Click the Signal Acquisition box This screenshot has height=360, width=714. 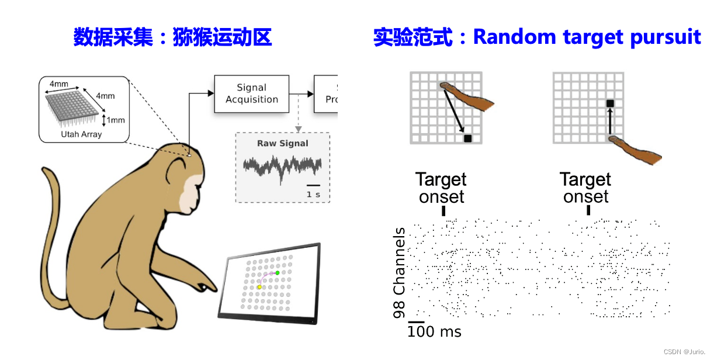tap(252, 94)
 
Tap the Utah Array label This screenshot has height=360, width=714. tap(81, 134)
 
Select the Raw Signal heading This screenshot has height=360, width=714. tap(283, 143)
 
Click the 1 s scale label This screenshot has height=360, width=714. tap(313, 194)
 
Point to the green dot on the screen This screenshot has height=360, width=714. tap(278, 273)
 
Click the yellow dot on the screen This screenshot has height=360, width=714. tap(259, 288)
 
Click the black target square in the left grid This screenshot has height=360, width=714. tap(467, 139)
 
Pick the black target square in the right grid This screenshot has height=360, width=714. tap(610, 103)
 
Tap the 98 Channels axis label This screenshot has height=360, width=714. tap(400, 273)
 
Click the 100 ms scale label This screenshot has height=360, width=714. tap(435, 332)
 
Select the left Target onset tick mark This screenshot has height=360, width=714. tap(444, 210)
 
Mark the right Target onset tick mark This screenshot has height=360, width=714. tap(588, 210)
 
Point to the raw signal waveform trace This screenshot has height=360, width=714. tap(282, 168)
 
